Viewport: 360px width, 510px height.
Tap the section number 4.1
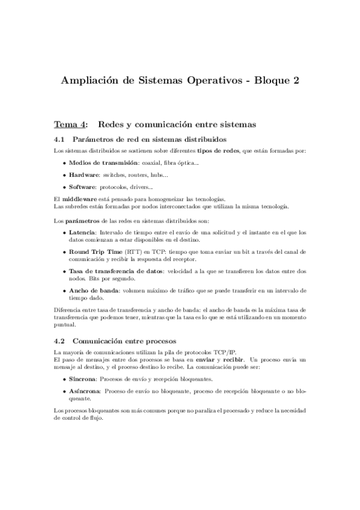pos(61,140)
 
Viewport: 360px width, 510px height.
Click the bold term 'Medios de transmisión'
pos(100,162)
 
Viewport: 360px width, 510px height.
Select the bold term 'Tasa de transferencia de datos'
pos(113,271)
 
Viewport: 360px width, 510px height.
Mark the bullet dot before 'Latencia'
pos(65,232)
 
